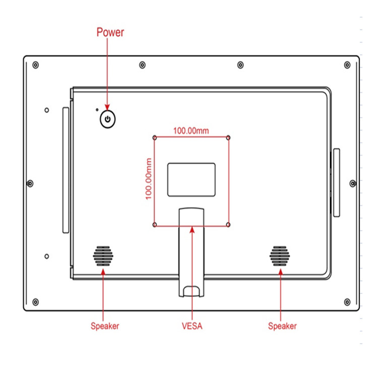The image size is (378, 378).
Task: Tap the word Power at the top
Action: (x=110, y=33)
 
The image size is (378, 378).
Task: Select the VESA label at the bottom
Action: (x=192, y=326)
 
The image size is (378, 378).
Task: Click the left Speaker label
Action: (x=105, y=326)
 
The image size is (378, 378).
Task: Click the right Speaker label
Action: (x=282, y=326)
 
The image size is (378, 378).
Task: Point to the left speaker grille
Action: (x=103, y=257)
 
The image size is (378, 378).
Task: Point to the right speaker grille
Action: (x=280, y=257)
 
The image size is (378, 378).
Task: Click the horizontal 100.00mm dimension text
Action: (x=191, y=131)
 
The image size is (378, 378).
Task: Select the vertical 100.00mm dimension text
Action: (x=149, y=178)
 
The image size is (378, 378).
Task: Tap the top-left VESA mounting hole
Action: (x=155, y=137)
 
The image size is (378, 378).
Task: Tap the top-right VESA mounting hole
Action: (x=229, y=137)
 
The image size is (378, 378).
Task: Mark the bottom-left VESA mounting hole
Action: (x=155, y=224)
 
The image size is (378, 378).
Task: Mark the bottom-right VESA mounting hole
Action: (x=229, y=224)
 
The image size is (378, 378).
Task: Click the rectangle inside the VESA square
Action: (x=191, y=179)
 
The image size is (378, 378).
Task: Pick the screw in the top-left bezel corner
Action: (x=35, y=65)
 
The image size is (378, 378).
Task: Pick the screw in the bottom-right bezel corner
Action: (x=347, y=302)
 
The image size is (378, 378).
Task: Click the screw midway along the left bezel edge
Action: (x=30, y=183)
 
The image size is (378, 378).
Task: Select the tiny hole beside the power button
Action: (x=97, y=109)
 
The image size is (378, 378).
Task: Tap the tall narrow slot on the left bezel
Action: (x=66, y=170)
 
